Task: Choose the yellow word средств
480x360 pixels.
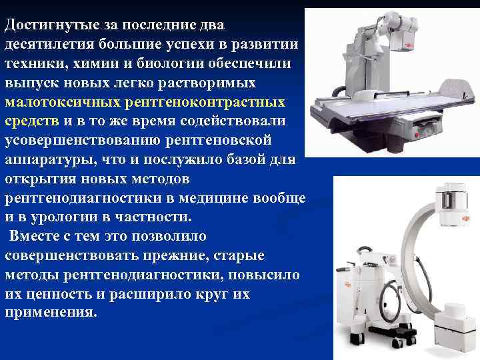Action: (32, 122)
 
